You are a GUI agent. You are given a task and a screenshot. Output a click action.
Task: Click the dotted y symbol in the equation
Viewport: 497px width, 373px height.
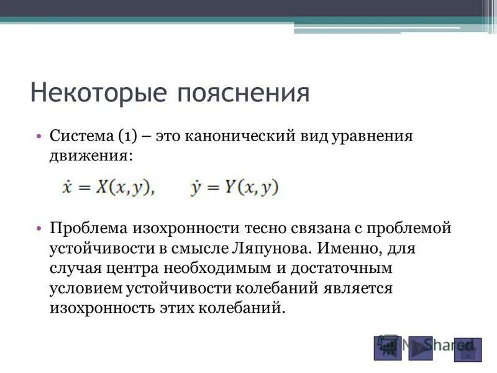pos(196,187)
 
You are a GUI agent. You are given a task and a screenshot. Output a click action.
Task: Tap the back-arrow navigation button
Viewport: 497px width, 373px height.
pos(387,346)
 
